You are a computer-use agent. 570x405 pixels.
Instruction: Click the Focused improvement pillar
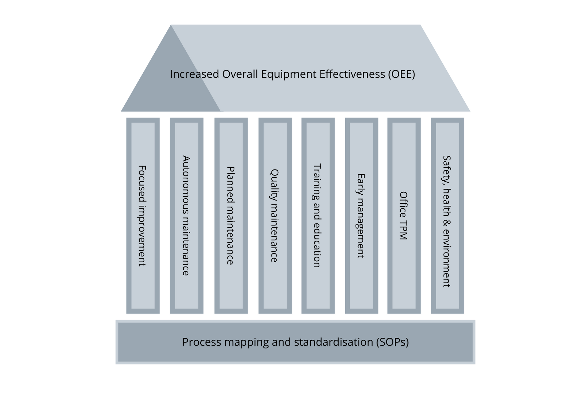(143, 216)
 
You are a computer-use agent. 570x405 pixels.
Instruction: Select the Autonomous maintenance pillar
(186, 216)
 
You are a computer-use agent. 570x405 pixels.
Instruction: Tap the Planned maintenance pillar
(231, 216)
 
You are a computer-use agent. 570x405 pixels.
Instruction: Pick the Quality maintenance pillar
(275, 216)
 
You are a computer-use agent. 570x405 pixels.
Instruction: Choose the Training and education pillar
(318, 216)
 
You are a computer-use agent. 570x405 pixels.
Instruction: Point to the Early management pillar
(361, 216)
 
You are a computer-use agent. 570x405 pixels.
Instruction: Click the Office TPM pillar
(404, 216)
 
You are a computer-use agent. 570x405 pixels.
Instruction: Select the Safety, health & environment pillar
(447, 216)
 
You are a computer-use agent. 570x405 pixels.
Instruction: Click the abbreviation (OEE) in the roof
(401, 74)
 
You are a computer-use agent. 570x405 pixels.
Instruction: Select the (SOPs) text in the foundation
(392, 342)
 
